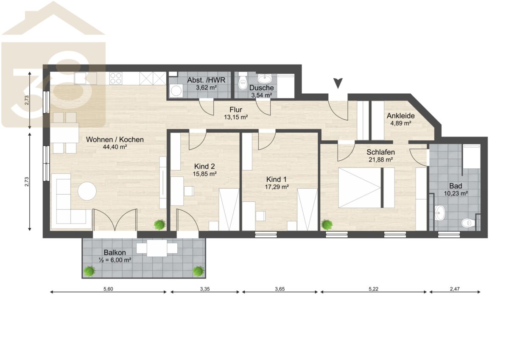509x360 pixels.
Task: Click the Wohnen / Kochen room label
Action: click(115, 140)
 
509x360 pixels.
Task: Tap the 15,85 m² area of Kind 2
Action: click(204, 174)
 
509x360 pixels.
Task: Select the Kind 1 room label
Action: click(277, 179)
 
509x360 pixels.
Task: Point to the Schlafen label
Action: click(380, 152)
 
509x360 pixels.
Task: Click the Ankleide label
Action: click(400, 116)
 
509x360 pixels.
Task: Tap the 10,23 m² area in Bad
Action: click(456, 193)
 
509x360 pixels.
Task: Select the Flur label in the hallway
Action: click(236, 110)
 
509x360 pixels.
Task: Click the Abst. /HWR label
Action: click(206, 80)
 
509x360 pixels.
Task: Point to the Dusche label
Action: click(262, 88)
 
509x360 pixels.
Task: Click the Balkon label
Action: click(115, 252)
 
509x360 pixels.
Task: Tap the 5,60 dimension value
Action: click(108, 289)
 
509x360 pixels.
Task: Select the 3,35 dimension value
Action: click(205, 289)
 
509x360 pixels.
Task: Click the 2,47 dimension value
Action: click(455, 289)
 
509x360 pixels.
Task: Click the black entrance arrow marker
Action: click(338, 83)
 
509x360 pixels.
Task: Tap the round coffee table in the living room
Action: click(87, 191)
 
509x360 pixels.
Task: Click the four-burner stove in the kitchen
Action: click(116, 78)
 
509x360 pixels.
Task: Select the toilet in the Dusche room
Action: click(243, 81)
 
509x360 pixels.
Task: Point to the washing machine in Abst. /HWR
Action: click(176, 91)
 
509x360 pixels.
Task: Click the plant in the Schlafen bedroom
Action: click(327, 225)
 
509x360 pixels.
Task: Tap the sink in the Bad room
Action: click(440, 213)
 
